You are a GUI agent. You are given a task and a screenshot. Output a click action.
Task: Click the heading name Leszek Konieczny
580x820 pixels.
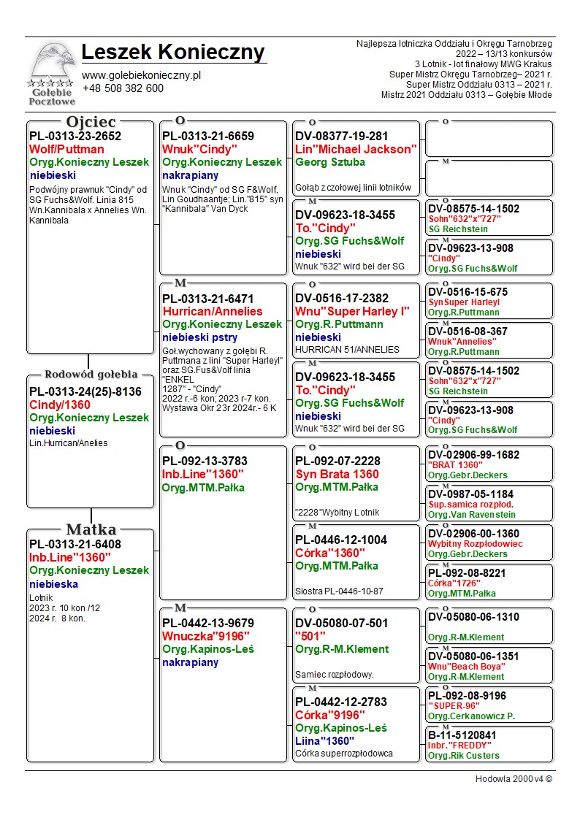point(173,53)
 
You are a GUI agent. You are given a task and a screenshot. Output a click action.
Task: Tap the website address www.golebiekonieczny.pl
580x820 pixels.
point(141,75)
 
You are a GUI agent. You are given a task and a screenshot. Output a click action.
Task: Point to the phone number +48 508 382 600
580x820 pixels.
point(123,88)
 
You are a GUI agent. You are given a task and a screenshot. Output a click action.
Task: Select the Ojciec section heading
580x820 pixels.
point(91,122)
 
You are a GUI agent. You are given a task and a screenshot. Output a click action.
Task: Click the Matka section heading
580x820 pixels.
point(91,529)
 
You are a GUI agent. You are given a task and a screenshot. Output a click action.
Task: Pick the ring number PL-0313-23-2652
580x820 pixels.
point(75,137)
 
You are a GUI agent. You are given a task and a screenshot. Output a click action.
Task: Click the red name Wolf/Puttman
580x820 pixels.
point(66,150)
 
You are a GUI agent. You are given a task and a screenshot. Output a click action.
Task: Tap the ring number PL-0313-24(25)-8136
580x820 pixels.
point(85,392)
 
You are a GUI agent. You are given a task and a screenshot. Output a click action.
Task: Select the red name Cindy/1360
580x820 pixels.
point(60,405)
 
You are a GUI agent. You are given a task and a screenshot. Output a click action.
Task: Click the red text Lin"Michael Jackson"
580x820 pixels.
point(356,150)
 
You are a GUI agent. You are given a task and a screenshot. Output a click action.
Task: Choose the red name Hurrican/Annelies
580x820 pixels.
point(212,311)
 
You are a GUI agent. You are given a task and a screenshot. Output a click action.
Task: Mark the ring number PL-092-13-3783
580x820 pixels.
point(205,461)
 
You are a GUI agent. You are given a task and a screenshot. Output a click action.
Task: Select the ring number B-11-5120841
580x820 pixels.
point(462,735)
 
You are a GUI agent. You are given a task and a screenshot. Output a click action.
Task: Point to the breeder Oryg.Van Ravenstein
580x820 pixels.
point(471,515)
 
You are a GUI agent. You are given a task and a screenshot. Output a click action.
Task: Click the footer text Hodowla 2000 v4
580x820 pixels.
point(514,778)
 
